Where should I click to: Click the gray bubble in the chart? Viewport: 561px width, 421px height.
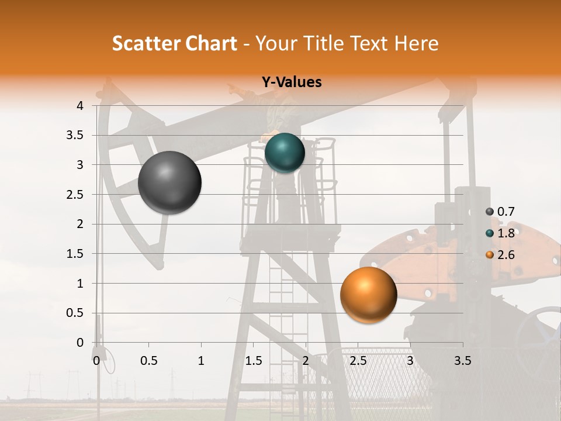point(170,182)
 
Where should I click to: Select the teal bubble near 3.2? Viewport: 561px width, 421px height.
point(285,153)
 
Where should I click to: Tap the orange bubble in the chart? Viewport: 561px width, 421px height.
point(368,295)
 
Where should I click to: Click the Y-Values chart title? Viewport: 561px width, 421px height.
point(292,82)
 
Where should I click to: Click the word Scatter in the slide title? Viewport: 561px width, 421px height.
point(146,43)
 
